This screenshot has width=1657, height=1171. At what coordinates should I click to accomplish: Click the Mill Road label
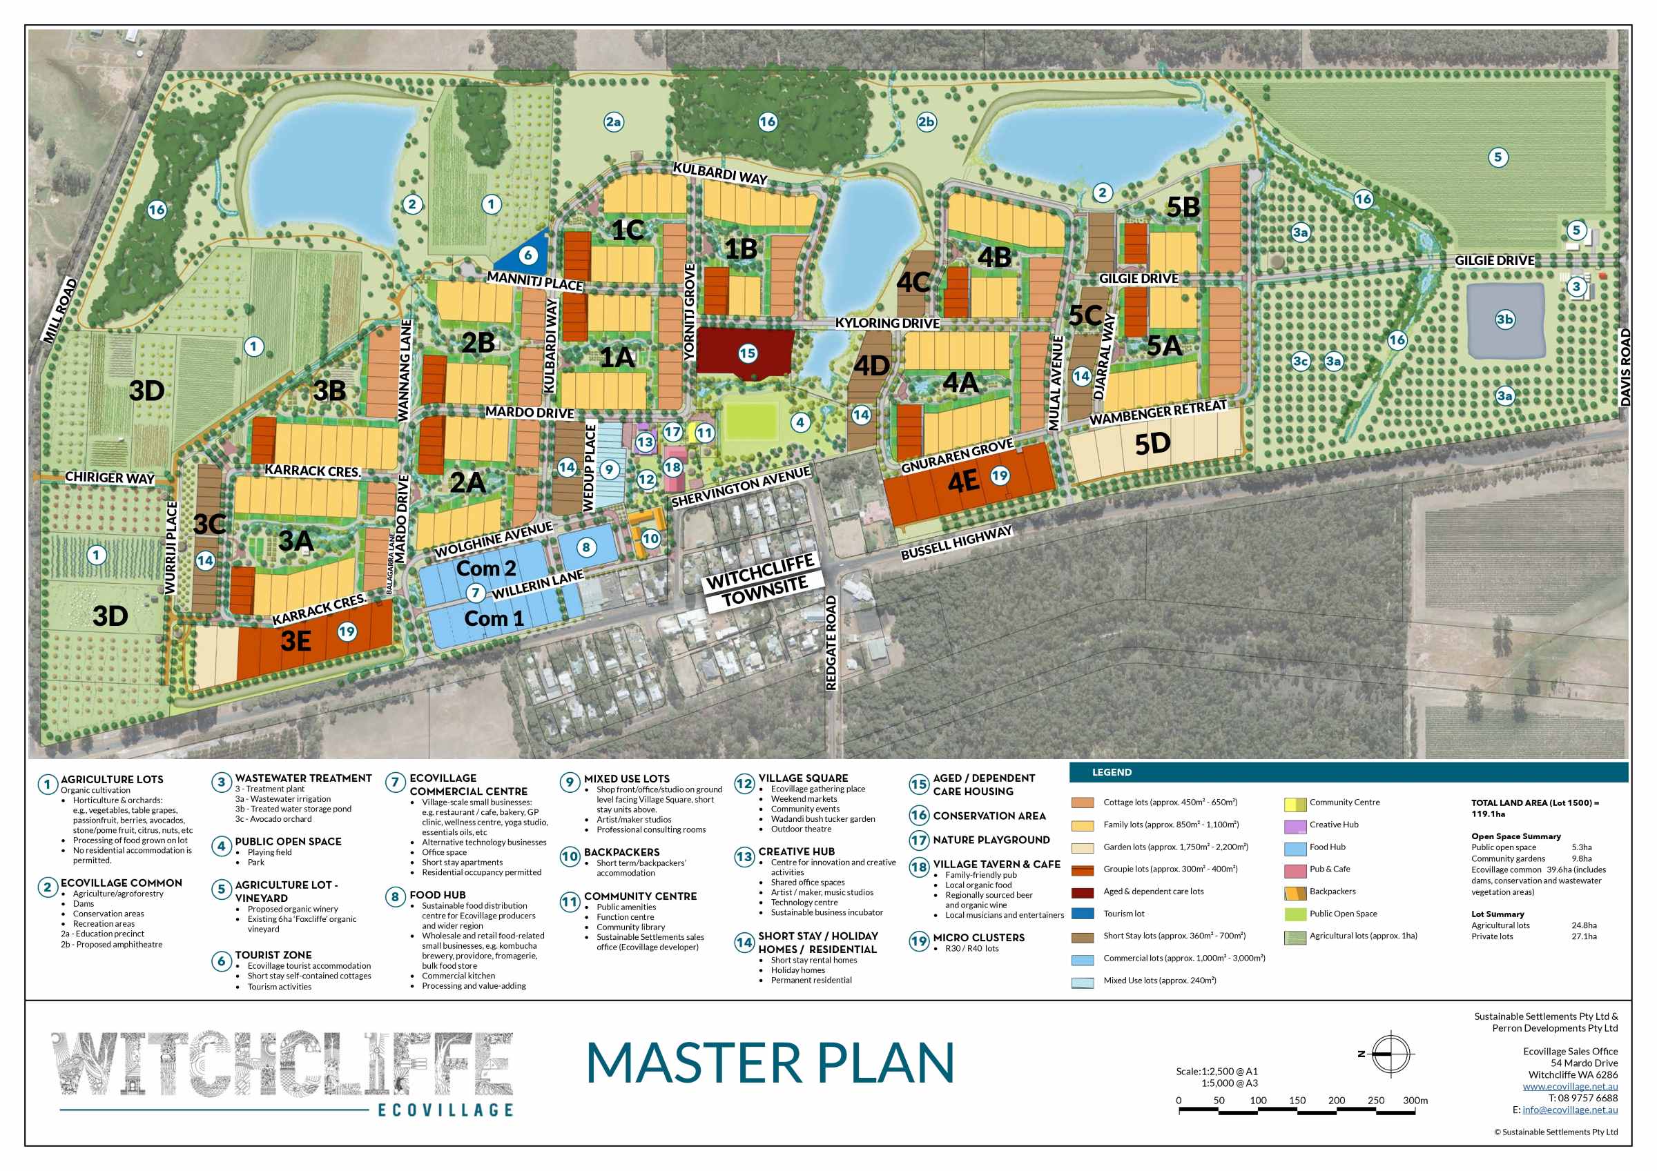click(x=60, y=310)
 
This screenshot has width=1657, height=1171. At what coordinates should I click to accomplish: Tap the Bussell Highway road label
click(x=956, y=542)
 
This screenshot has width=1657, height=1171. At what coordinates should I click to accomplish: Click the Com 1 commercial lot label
click(x=494, y=618)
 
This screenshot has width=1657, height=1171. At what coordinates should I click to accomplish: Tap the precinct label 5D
click(x=1152, y=444)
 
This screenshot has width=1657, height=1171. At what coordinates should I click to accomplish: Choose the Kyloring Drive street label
click(x=887, y=322)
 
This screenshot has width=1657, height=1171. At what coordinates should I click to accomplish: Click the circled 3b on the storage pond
click(x=1504, y=319)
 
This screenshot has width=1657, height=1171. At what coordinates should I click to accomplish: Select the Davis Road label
click(x=1625, y=367)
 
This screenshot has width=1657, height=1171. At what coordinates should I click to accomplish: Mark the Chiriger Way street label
click(x=110, y=478)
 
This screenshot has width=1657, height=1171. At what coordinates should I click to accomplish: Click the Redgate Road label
click(x=831, y=643)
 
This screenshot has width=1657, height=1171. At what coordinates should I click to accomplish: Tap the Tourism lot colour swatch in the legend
click(x=1083, y=914)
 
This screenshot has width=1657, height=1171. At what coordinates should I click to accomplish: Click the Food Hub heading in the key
click(x=437, y=895)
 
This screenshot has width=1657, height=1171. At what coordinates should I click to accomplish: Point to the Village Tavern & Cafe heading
click(x=997, y=864)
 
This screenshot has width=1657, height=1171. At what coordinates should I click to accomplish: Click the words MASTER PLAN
click(x=769, y=1063)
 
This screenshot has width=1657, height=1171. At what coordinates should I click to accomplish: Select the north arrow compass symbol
click(x=1390, y=1054)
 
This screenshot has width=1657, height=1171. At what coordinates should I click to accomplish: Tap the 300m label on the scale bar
click(x=1415, y=1101)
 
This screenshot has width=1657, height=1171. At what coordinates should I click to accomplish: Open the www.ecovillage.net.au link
click(x=1570, y=1087)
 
